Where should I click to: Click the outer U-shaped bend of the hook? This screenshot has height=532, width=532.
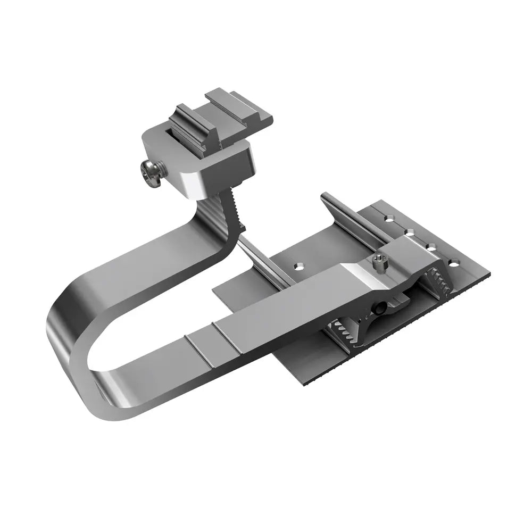[64, 340]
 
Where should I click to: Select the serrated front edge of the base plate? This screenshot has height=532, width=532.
[399, 335]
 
